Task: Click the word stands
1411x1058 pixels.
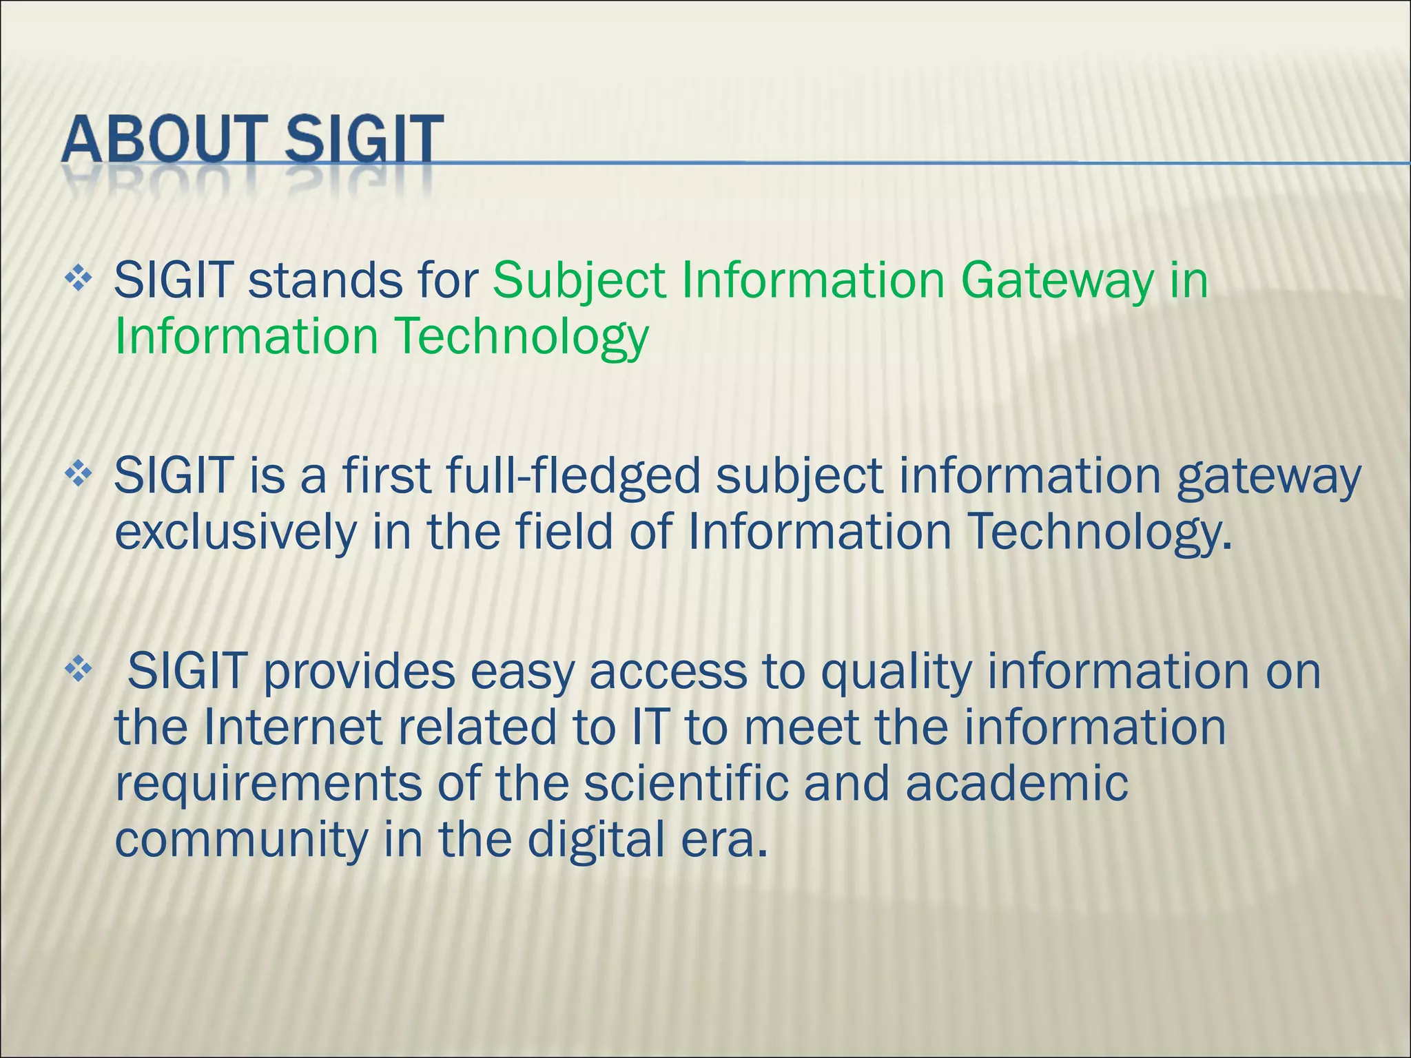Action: [x=325, y=281]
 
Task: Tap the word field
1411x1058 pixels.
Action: [x=564, y=532]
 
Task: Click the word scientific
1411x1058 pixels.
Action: [x=686, y=784]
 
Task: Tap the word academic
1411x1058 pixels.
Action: [x=1017, y=784]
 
